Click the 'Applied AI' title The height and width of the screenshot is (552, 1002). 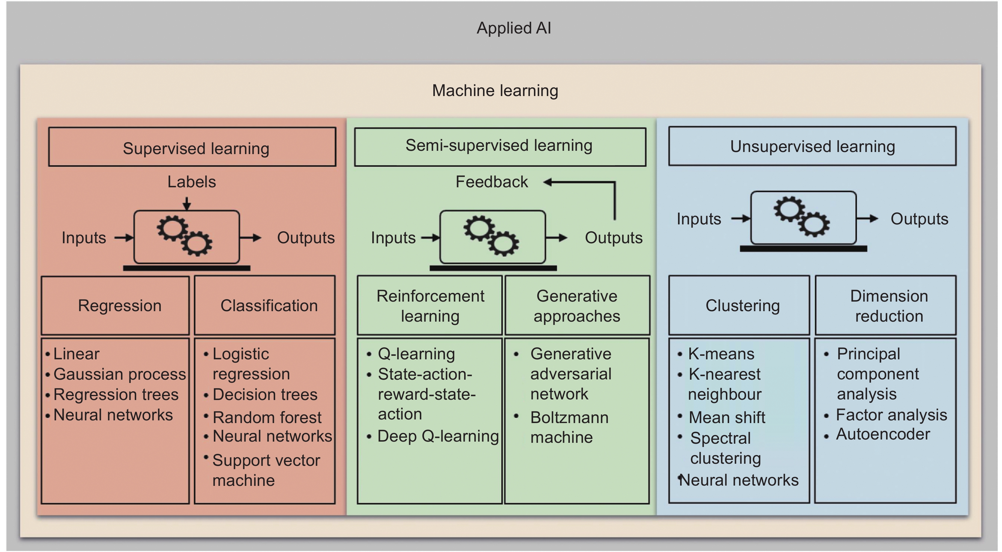pos(514,28)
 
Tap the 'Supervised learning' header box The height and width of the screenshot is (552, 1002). pos(192,147)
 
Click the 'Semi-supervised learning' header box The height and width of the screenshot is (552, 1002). pos(500,147)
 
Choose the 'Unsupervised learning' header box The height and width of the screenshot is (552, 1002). pos(812,147)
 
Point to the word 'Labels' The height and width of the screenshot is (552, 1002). pos(191,182)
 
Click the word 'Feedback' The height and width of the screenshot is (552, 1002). pos(492,182)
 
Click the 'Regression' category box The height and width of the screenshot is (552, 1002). pos(115,305)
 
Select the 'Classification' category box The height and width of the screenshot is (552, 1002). pos(264,305)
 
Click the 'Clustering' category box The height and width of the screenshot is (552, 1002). pos(739,305)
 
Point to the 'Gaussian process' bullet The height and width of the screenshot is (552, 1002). pos(119,374)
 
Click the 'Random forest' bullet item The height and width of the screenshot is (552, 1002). pos(267,417)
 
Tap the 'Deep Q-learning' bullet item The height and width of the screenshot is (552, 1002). pos(438,436)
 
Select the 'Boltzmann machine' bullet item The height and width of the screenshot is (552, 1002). pos(569,427)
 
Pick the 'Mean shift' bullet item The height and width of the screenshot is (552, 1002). pos(726,417)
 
